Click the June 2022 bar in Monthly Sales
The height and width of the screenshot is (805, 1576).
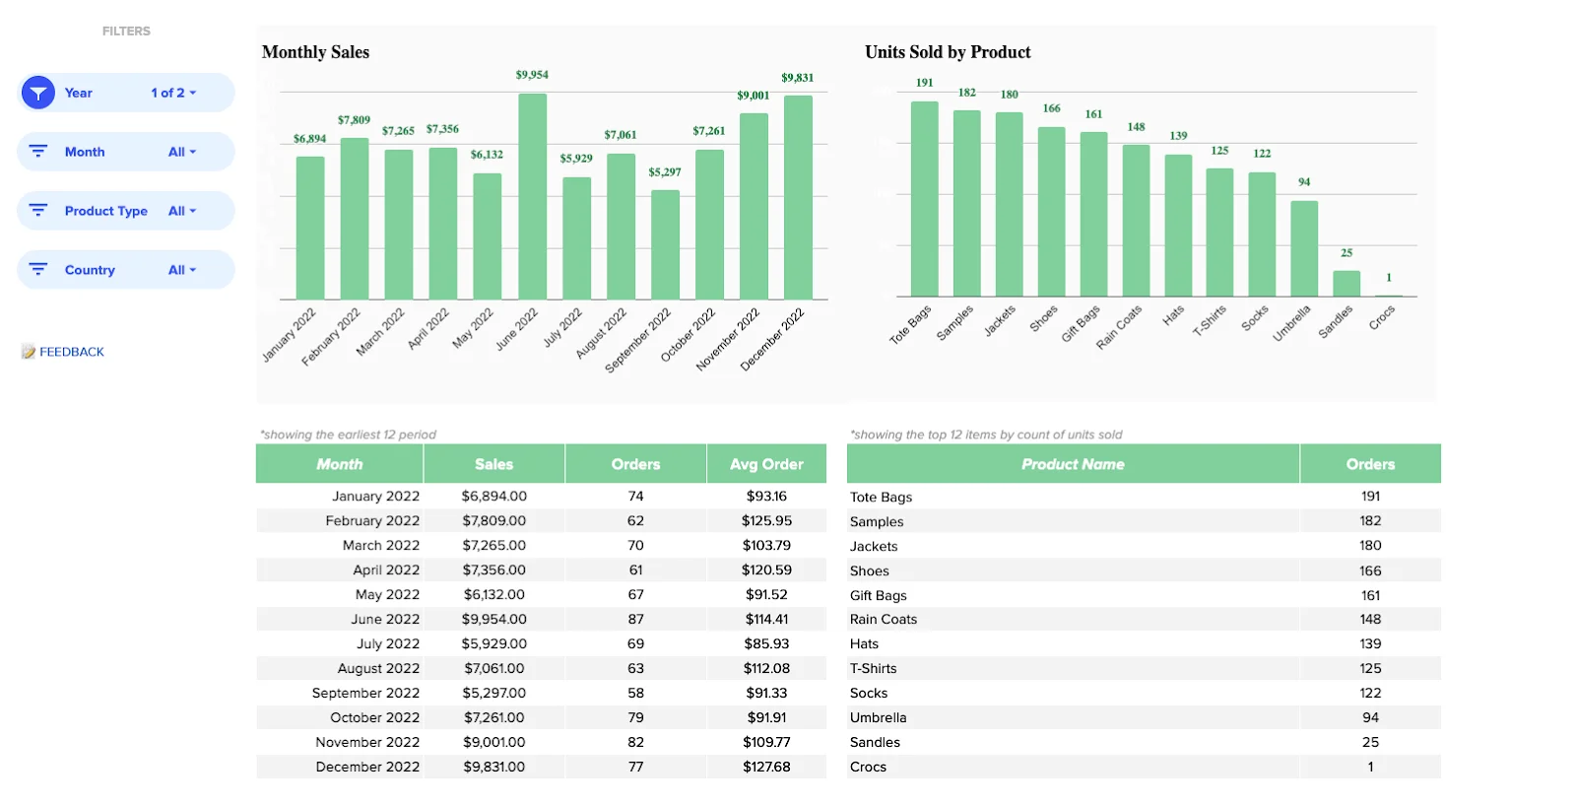point(532,197)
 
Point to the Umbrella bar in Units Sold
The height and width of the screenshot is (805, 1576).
point(1304,248)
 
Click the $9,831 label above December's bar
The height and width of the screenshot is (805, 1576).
point(797,78)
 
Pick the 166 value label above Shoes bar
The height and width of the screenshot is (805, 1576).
point(1051,108)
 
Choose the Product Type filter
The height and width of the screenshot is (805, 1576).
point(126,211)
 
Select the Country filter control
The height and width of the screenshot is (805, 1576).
point(126,270)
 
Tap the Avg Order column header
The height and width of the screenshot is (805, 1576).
point(766,464)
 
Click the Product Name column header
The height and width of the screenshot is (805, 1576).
point(1073,464)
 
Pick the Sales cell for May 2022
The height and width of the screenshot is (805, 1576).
point(494,595)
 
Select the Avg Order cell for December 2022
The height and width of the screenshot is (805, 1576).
point(766,767)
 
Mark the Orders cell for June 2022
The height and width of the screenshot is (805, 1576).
point(635,620)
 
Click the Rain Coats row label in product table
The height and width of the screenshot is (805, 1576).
point(884,620)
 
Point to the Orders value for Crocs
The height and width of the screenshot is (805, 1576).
point(1370,767)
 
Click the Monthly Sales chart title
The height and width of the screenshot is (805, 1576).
point(315,52)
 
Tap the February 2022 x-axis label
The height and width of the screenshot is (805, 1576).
point(331,337)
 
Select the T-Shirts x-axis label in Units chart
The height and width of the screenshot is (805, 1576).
point(1210,321)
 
